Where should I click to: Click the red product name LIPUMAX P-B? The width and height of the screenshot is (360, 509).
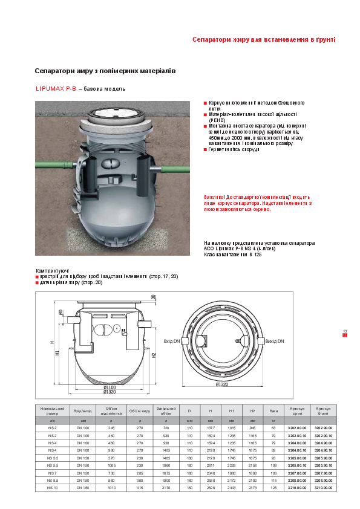coord(55,89)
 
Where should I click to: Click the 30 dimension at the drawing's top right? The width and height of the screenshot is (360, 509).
coord(153,297)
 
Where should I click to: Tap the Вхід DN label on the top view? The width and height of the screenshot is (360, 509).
coord(173,342)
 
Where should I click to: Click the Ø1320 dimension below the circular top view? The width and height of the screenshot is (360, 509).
coord(224,384)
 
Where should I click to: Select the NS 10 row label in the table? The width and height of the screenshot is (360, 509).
coord(53,486)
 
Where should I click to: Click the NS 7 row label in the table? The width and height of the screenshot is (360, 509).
coord(53,473)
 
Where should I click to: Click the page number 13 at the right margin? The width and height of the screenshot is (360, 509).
coord(345,331)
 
